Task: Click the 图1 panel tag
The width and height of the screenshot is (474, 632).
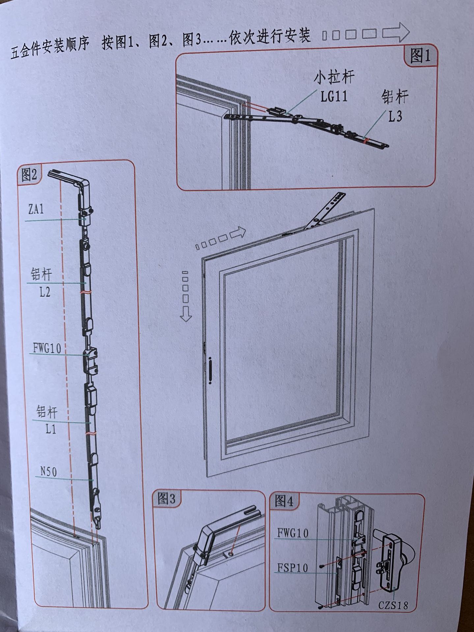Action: click(420, 56)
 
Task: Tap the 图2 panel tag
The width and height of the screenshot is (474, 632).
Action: click(29, 175)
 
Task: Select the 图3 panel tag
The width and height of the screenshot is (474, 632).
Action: click(167, 499)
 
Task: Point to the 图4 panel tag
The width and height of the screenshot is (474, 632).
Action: click(284, 501)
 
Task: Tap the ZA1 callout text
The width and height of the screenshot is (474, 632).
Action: click(36, 209)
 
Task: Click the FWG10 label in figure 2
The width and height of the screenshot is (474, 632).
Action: click(47, 348)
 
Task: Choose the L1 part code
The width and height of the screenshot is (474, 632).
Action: click(50, 429)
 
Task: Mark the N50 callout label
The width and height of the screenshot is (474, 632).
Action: click(48, 472)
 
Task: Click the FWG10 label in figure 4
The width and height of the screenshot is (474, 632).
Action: click(293, 533)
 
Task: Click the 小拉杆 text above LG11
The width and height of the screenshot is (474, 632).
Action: click(334, 78)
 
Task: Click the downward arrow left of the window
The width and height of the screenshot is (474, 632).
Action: click(186, 314)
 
